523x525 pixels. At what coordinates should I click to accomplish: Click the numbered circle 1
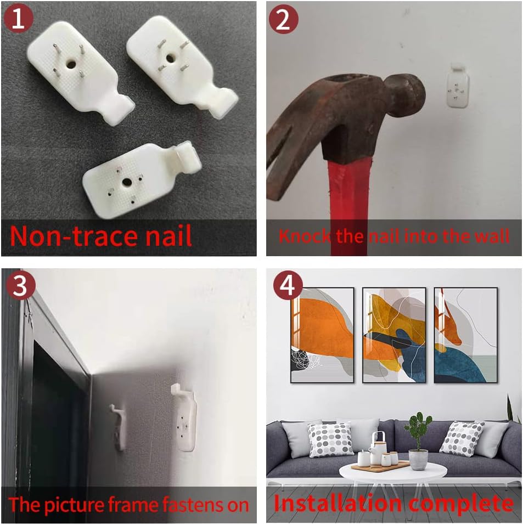[18, 18]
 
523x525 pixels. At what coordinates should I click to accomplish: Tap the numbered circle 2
[283, 19]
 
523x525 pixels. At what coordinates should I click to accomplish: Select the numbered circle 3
[20, 286]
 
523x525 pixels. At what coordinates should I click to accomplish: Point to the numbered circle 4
[288, 286]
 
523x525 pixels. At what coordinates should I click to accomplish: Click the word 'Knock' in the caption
[304, 236]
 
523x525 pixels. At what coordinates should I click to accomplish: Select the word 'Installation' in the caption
[338, 503]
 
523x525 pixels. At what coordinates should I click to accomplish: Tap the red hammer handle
[348, 207]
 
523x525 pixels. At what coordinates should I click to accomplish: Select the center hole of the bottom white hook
[127, 182]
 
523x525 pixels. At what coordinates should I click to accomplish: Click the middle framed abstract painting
[394, 335]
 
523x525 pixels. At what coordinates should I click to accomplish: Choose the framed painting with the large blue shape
[465, 335]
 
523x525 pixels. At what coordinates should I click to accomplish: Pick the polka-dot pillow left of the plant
[330, 439]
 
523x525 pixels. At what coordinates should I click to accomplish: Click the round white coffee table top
[393, 472]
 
